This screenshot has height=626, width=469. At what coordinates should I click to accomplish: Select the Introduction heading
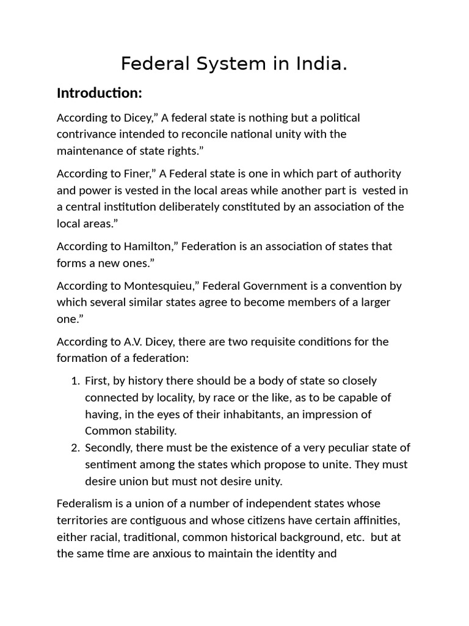[99, 94]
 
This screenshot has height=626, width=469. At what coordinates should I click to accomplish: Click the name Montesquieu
[164, 285]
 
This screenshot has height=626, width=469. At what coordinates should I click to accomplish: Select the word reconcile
[211, 133]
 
